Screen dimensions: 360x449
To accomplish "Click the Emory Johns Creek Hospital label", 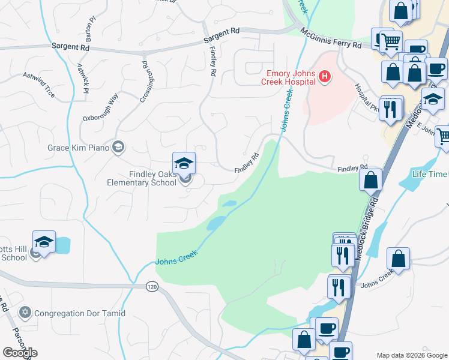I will [x=291, y=76].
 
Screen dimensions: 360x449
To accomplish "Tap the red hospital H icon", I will [x=324, y=76].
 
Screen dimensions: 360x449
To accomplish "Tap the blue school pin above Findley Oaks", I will [x=184, y=163].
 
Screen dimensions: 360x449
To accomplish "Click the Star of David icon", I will [x=25, y=313].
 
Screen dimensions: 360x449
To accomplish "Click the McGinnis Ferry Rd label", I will [x=331, y=38].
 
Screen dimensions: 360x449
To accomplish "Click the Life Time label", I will [x=430, y=174].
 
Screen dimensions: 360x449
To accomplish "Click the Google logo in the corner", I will [x=20, y=353].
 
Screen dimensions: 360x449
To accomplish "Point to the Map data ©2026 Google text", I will [x=411, y=355].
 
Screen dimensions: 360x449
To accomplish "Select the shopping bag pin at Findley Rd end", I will [x=370, y=179].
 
